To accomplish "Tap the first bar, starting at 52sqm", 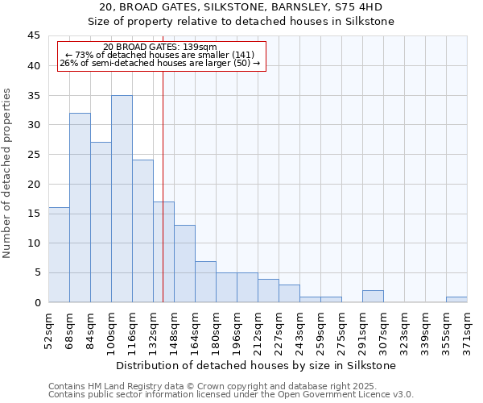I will (59, 255).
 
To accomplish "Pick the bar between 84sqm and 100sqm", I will (101, 222).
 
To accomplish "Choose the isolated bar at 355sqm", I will (456, 299).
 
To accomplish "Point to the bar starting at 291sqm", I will (373, 296).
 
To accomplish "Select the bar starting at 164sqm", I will (205, 281).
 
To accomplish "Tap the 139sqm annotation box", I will (161, 56).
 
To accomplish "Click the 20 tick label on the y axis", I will (34, 184).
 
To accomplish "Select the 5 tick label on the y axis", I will (37, 272).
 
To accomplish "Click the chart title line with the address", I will (241, 7).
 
